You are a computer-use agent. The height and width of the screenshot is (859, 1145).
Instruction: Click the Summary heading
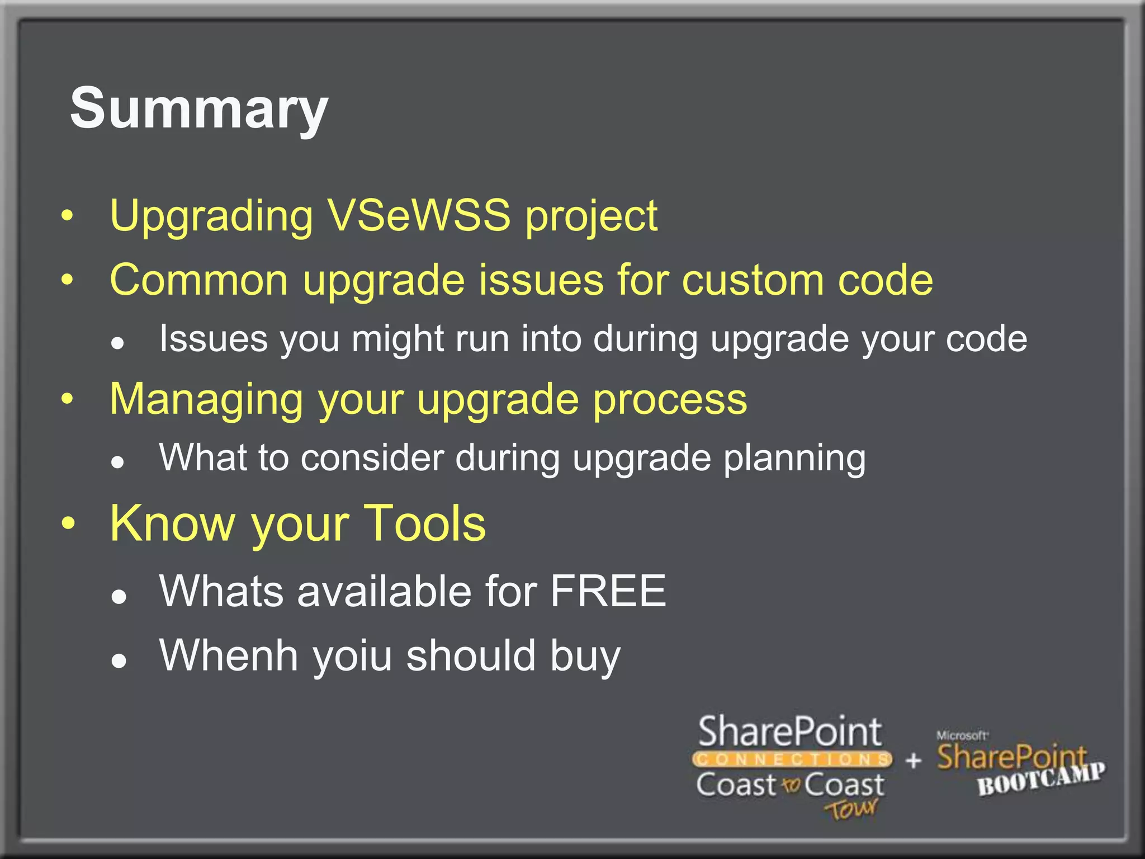pos(198,109)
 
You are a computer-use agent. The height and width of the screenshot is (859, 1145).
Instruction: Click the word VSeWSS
pos(419,215)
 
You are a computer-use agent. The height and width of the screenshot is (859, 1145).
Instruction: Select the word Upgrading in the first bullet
pos(211,216)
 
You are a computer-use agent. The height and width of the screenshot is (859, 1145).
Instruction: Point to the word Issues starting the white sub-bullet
pos(213,339)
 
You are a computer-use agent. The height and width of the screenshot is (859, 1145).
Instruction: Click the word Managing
pos(206,400)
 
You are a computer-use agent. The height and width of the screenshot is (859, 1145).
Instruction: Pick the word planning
pos(794,459)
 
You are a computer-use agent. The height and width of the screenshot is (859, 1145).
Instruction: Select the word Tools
pos(424,523)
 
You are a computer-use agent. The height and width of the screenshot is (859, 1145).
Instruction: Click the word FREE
pos(608,591)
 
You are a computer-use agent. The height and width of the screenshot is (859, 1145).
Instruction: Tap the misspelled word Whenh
pos(228,655)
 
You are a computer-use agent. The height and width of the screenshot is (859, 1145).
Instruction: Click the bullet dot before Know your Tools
pos(68,523)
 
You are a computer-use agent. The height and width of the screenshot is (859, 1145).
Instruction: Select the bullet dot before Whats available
pos(118,597)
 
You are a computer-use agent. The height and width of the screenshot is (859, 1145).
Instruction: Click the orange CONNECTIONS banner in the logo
pos(792,759)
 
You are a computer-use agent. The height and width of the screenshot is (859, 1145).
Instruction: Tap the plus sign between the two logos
pos(913,760)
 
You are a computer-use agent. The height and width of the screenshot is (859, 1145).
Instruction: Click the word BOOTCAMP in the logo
pos(1040,779)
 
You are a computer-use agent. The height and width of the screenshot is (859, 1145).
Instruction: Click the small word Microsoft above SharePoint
pos(962,735)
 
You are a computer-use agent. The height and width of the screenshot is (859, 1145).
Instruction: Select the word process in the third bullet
pos(669,400)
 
